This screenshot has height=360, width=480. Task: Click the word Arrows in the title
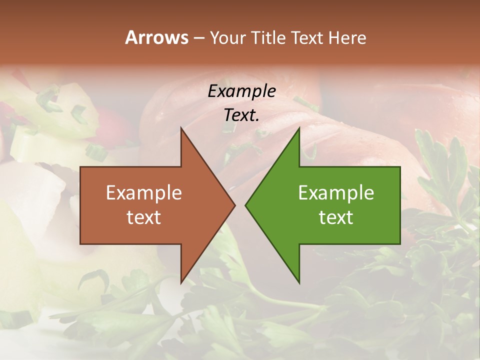pos(156,37)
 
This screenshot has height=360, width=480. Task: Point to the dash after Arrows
pos(198,38)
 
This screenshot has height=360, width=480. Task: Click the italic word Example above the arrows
pos(241,91)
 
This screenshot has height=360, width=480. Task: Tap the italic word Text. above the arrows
pos(241,115)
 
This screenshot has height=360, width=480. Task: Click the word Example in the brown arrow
pos(143,192)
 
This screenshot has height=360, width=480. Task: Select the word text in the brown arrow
pos(143,217)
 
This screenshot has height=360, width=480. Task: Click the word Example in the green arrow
pos(336,192)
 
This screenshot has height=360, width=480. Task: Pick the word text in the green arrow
pos(336,217)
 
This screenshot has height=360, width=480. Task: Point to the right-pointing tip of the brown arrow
pos(235,205)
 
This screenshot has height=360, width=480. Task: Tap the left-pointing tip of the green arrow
pos(245,205)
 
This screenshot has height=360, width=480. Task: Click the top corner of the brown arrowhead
pos(181,127)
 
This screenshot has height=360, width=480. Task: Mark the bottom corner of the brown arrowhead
pos(181,283)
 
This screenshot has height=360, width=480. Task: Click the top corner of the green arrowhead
pos(299,127)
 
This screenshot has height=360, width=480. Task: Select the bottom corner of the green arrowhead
pos(299,283)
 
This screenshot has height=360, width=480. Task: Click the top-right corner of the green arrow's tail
pos(400,167)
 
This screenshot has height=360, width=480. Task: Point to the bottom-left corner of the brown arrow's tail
pos(80,244)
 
